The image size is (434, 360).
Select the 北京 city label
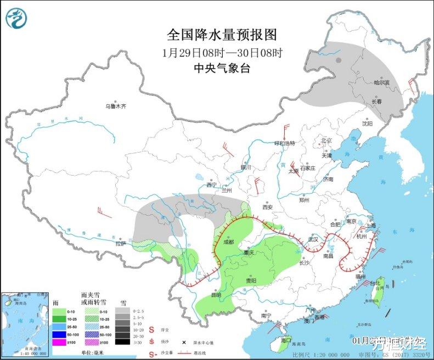[x=327, y=140]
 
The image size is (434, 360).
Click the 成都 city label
[x=228, y=242]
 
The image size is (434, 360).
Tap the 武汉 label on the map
[x=313, y=239]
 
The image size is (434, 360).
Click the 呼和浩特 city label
[x=285, y=143]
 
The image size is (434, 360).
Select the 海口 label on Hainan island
[x=285, y=340]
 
